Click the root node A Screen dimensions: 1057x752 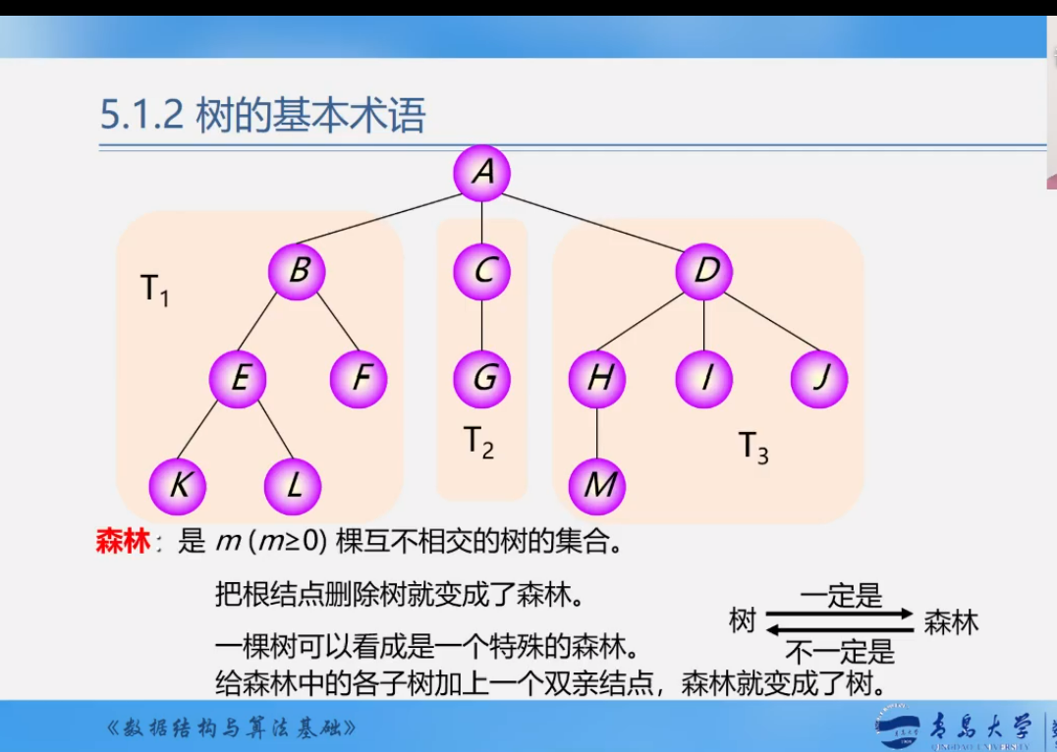[x=481, y=172]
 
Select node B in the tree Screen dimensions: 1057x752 [x=298, y=270]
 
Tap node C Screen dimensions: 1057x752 [x=481, y=270]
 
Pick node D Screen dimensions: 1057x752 [x=704, y=270]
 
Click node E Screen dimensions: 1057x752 [x=239, y=379]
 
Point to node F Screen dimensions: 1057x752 [x=359, y=379]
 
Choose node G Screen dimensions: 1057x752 [x=481, y=379]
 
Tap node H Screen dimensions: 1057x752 [x=597, y=379]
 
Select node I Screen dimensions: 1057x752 [x=704, y=379]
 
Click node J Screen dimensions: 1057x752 [x=819, y=379]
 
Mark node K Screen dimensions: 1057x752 [x=178, y=486]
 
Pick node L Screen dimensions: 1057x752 [x=294, y=486]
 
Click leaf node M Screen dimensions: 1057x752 [x=597, y=486]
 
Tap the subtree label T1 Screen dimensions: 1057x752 [x=154, y=290]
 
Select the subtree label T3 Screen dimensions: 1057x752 [x=753, y=448]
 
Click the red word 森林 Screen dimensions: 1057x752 [x=122, y=541]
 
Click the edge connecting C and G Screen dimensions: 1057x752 [x=481, y=325]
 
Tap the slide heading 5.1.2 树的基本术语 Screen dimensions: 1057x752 [x=262, y=116]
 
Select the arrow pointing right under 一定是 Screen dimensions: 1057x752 [x=840, y=613]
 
